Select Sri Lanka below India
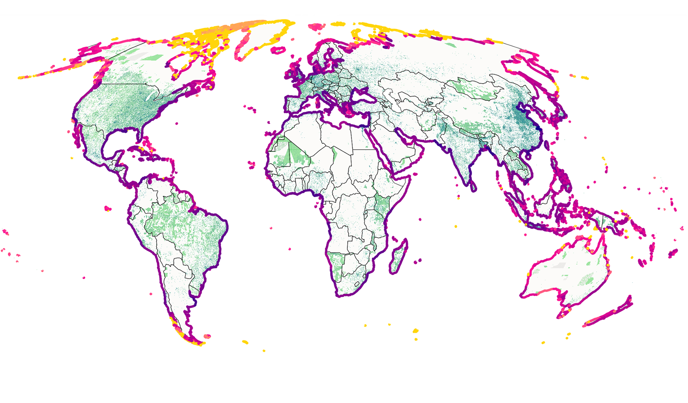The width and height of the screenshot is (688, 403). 473,187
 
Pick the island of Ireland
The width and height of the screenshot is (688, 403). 288,74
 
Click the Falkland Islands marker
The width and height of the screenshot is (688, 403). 207,336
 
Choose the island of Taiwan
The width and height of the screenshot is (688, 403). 547,145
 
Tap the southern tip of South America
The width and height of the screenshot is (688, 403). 198,343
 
